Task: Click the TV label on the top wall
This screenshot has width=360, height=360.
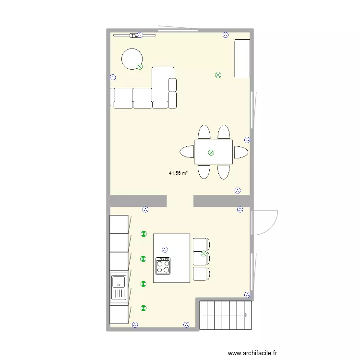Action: coord(134,36)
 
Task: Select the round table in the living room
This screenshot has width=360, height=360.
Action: coord(132,59)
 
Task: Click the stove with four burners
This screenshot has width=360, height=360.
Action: coord(163,265)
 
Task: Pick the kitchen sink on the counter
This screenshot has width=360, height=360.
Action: coord(118,287)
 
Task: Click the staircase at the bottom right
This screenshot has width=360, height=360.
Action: coord(225,315)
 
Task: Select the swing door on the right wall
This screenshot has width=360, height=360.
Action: coord(265,222)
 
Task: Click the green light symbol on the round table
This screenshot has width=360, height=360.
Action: coord(140,67)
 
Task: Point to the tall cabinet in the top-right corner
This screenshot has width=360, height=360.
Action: coord(242,59)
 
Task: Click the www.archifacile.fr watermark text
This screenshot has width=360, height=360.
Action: coord(259,353)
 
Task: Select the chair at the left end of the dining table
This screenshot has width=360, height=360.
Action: coord(187,153)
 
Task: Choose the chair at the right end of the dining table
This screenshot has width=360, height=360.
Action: coord(241,153)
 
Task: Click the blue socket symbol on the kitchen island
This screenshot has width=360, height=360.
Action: coord(165,249)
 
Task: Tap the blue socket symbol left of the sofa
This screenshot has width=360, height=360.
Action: coord(113,77)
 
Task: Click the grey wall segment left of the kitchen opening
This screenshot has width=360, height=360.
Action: coord(138,201)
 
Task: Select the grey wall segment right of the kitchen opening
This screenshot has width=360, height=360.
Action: coord(222,201)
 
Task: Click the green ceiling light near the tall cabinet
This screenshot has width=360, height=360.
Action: coord(218,75)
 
